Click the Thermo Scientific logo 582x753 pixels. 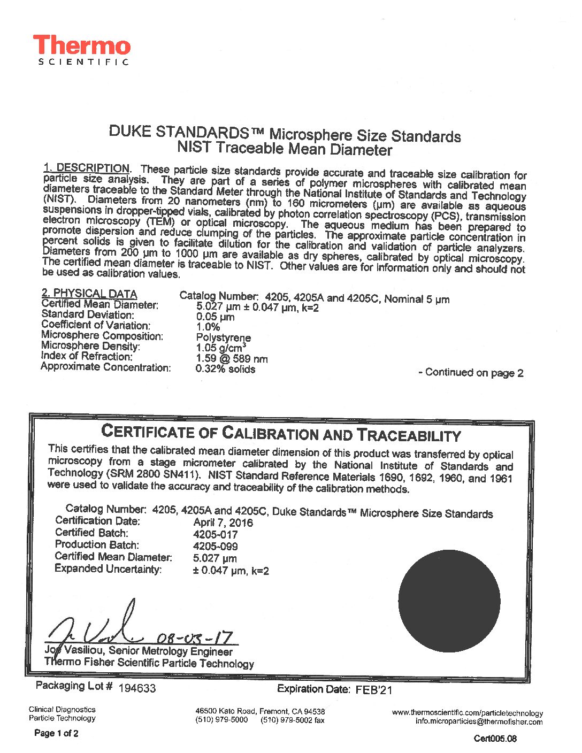click(81, 50)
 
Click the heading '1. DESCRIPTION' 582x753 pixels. click(86, 168)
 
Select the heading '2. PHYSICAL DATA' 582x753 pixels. click(89, 293)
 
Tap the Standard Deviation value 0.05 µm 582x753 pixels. click(215, 317)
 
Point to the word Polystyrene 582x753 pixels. click(223, 337)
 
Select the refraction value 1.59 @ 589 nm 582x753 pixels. click(232, 359)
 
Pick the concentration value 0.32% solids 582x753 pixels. click(225, 369)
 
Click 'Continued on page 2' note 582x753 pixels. click(471, 373)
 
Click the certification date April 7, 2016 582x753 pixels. click(223, 522)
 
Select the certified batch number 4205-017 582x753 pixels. click(215, 534)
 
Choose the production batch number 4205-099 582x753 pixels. click(215, 546)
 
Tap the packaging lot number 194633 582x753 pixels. click(137, 688)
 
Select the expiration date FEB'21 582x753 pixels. click(373, 690)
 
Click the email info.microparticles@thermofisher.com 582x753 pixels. click(479, 721)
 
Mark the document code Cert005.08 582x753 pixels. click(495, 739)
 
